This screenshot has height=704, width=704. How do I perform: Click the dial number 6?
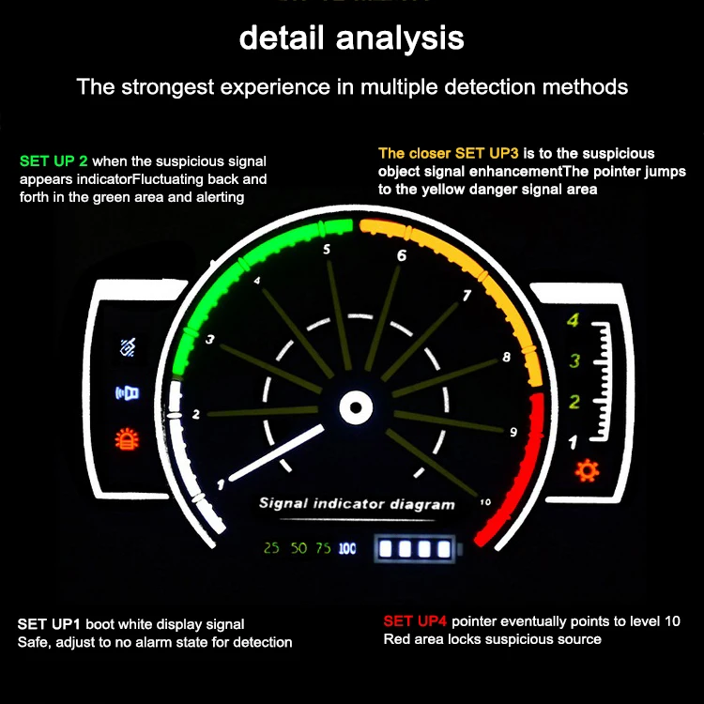click(x=402, y=255)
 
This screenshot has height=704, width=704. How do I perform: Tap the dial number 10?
click(x=484, y=502)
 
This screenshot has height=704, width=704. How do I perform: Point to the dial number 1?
click(x=222, y=484)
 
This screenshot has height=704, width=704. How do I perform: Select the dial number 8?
click(x=507, y=357)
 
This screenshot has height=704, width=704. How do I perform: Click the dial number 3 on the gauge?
click(x=209, y=339)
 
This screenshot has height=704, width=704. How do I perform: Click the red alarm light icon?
click(x=125, y=437)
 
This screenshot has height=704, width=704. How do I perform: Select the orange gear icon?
click(x=588, y=470)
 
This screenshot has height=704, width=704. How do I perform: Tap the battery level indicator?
click(x=414, y=548)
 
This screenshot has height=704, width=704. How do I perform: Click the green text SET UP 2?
click(x=54, y=161)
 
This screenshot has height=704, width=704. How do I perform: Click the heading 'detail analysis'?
click(x=351, y=38)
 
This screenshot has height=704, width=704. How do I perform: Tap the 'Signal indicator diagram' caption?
click(x=357, y=504)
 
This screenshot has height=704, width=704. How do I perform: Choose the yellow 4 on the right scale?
click(x=574, y=321)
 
